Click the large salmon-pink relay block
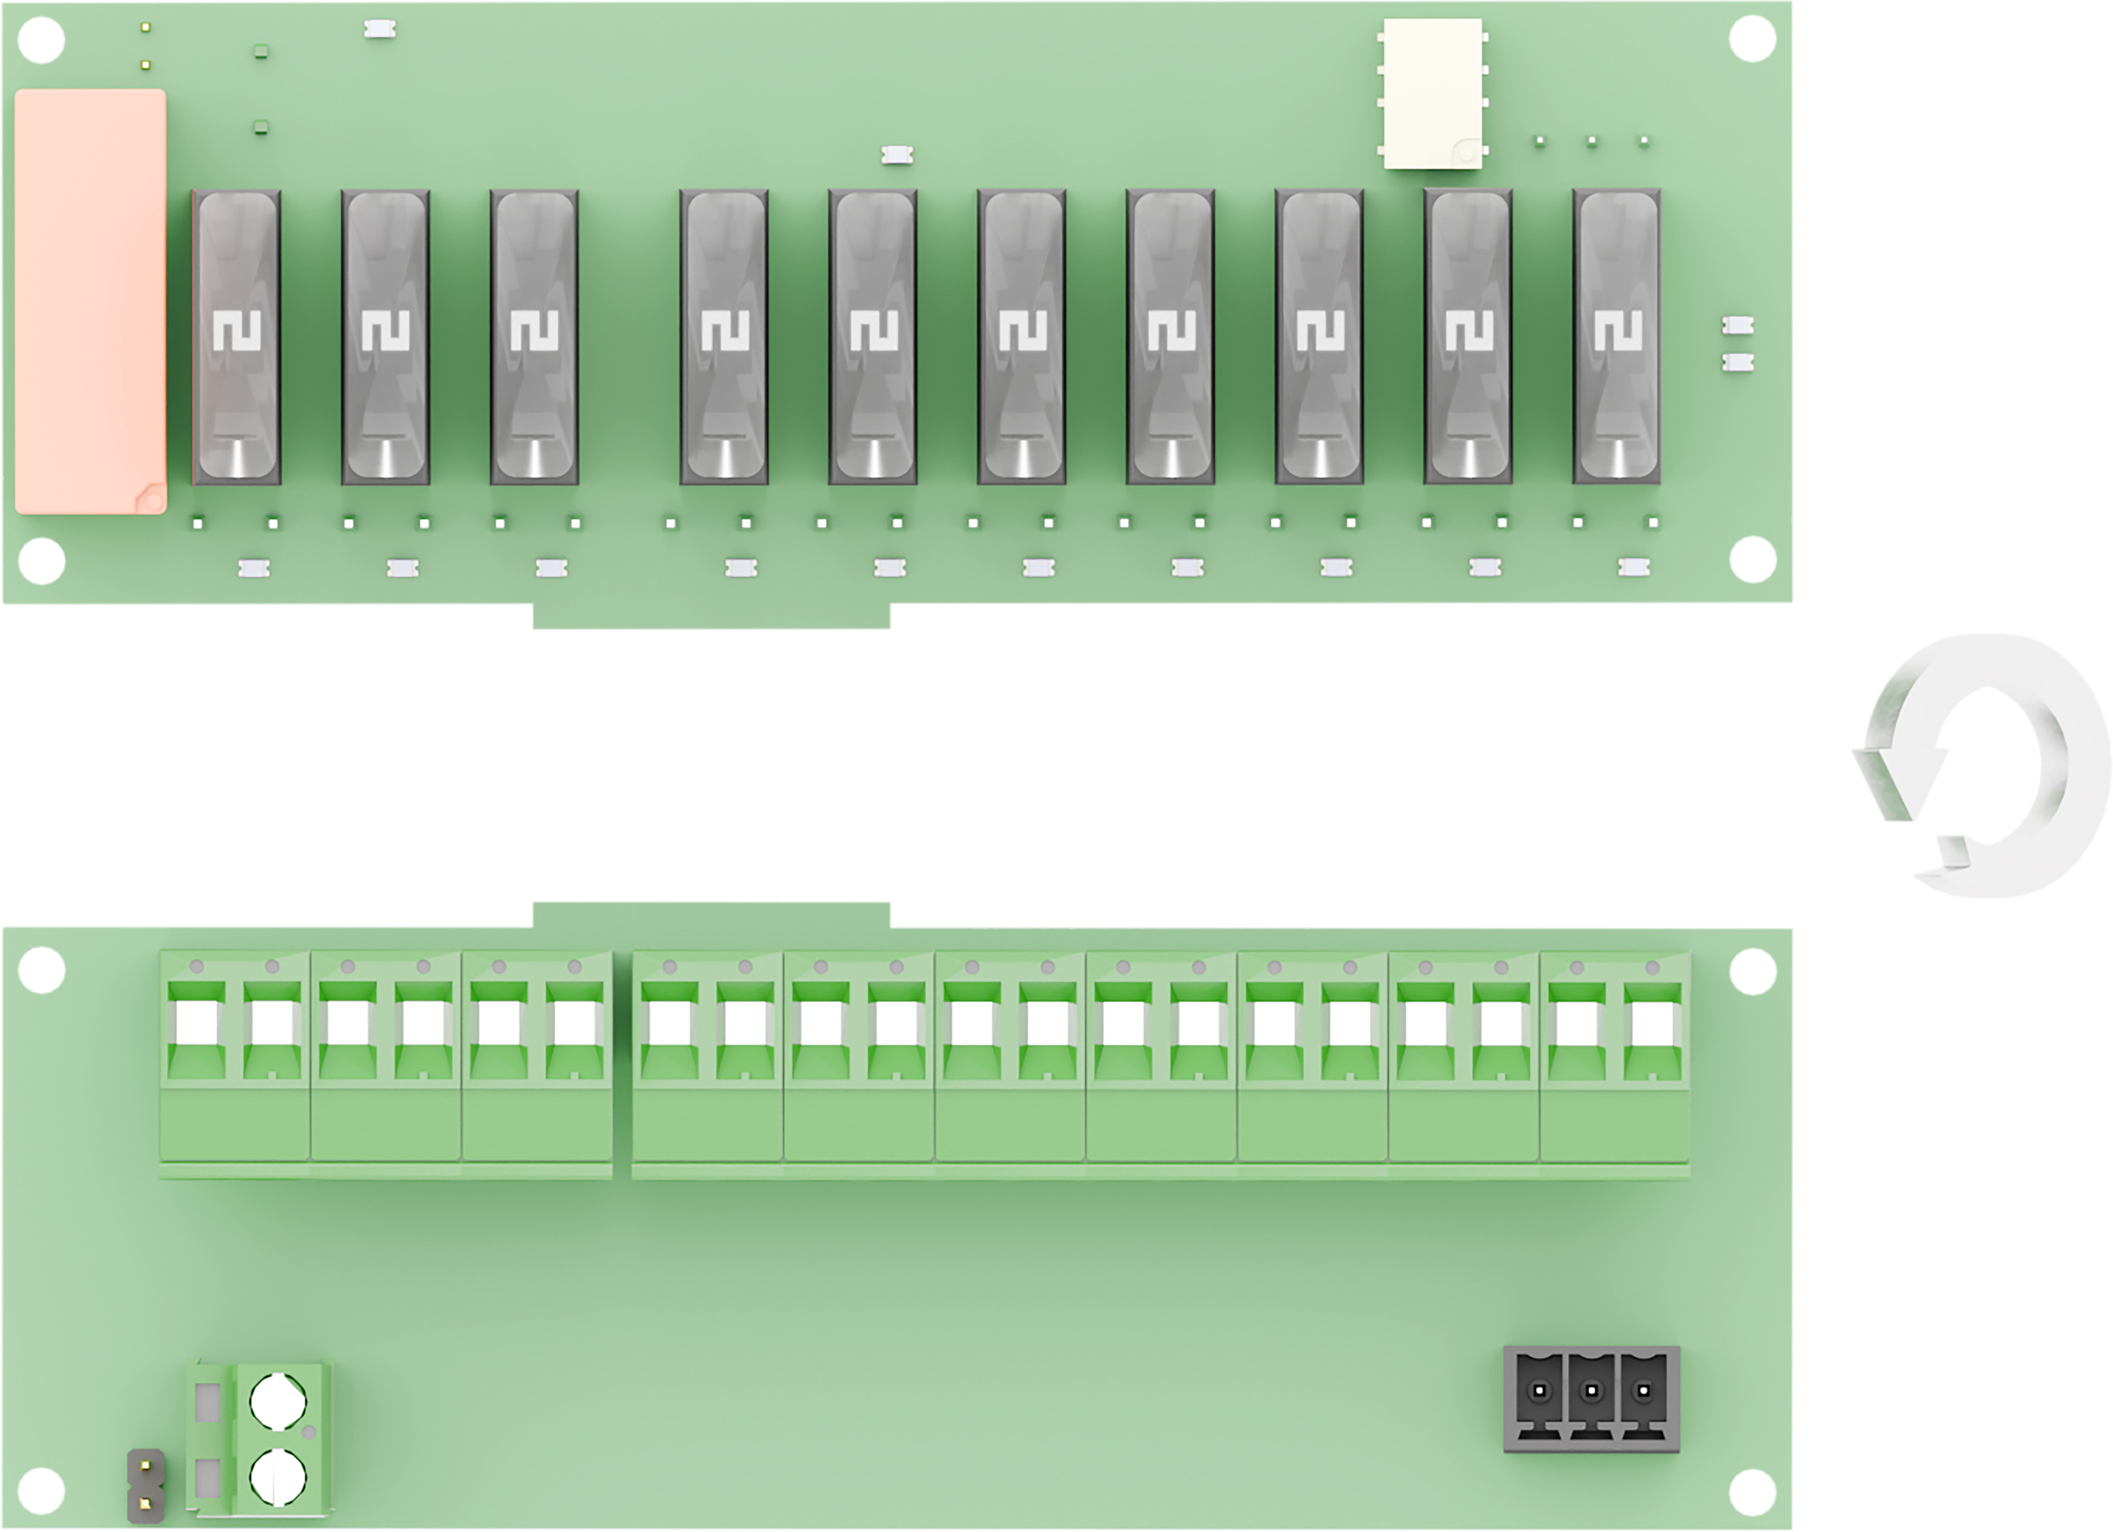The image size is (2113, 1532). coord(90,301)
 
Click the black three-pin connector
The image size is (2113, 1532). coord(1591,1399)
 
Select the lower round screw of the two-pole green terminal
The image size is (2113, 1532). coord(278,1478)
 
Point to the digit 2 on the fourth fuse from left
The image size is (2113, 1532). coord(725,331)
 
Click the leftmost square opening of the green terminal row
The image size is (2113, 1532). coord(196,1023)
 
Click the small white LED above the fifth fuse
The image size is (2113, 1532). coord(897,155)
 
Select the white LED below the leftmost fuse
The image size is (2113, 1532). coord(253,567)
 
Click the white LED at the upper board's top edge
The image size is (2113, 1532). coord(379,30)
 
